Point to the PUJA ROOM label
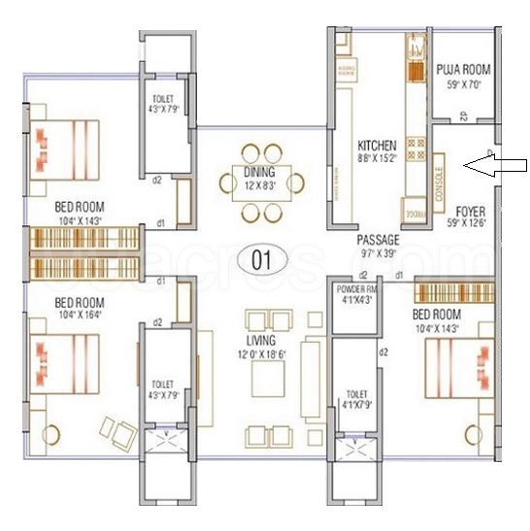coord(462,70)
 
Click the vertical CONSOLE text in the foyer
coord(439,182)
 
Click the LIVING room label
coord(260,341)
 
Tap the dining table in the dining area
coord(260,182)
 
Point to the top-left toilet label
coord(162,98)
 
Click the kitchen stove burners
coord(416,149)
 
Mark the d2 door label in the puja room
coord(464,117)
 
